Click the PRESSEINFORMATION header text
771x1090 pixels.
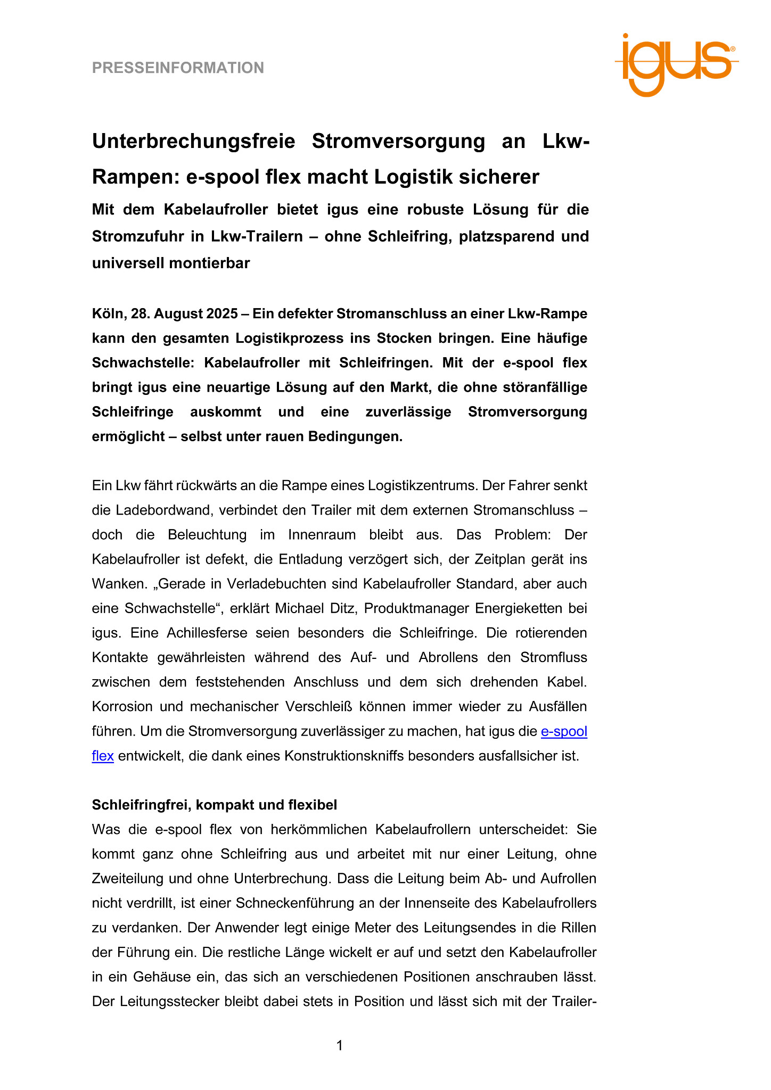(178, 68)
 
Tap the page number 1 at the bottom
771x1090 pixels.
(340, 1046)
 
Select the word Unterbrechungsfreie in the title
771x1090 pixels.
(194, 142)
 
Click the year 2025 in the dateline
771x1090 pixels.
(222, 314)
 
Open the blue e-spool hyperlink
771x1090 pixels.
(564, 731)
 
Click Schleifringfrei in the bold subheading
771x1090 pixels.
(141, 805)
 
